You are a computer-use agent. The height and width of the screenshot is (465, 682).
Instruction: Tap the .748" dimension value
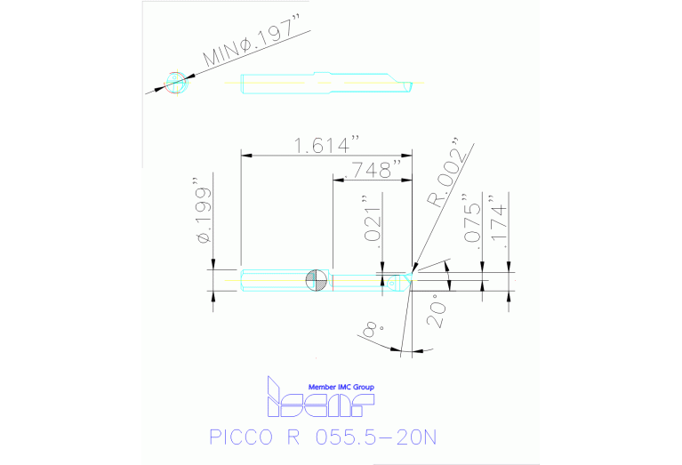pos(377,168)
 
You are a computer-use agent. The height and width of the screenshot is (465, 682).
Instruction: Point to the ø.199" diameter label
pos(204,216)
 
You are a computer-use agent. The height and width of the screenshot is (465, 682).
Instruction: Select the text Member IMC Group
pos(341,388)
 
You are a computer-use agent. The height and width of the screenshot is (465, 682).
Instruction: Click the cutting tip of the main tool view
pos(410,277)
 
